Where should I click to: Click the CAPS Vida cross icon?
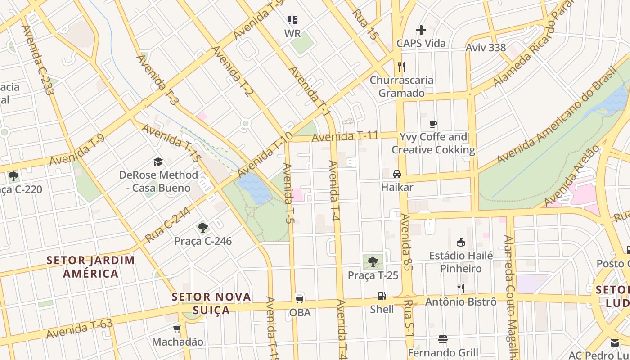(x=421, y=30)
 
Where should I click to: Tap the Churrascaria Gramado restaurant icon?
(x=401, y=67)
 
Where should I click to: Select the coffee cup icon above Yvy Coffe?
(x=433, y=124)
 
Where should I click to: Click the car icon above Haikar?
(x=397, y=174)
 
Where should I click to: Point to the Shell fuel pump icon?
(x=382, y=296)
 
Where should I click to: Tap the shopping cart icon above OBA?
(x=299, y=298)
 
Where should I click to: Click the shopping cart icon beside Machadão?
(x=177, y=329)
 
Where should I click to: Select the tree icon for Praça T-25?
(x=373, y=261)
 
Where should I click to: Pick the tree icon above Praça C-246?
(x=203, y=228)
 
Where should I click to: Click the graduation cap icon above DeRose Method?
(x=158, y=162)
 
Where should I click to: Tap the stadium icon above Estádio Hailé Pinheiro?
(x=461, y=243)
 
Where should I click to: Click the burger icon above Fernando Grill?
(x=443, y=339)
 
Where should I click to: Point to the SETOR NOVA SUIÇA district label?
(x=211, y=303)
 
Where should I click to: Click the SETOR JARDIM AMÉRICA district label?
(x=91, y=266)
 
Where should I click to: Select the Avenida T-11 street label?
(x=345, y=136)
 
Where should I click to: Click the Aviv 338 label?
(x=486, y=48)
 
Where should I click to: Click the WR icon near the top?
(x=292, y=20)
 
